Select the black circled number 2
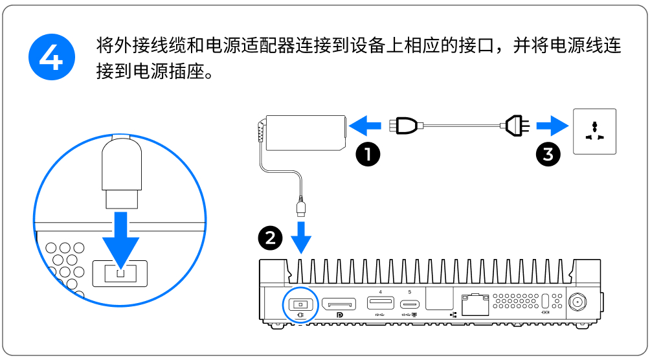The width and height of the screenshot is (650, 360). pyautogui.click(x=270, y=238)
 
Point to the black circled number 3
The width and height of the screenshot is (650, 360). pyautogui.click(x=548, y=155)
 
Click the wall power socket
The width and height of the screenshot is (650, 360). pyautogui.click(x=594, y=131)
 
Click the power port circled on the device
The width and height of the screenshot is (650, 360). pyautogui.click(x=300, y=304)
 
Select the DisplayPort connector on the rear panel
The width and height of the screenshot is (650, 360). pyautogui.click(x=339, y=303)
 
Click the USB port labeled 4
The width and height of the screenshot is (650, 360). pyautogui.click(x=380, y=303)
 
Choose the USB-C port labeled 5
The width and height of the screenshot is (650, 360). pyautogui.click(x=410, y=304)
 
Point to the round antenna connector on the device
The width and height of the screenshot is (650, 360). pyautogui.click(x=576, y=302)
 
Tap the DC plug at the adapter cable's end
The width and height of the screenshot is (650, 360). pyautogui.click(x=301, y=207)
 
